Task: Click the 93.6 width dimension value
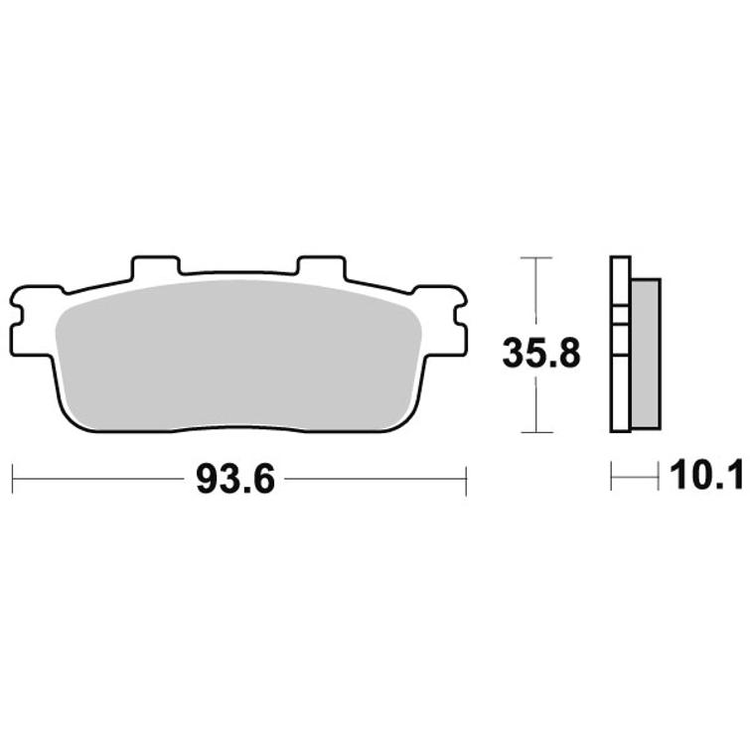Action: (235, 480)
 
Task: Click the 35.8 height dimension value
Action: (540, 353)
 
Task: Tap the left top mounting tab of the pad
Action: (157, 267)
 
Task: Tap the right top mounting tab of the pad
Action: (321, 267)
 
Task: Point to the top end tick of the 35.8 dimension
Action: (536, 258)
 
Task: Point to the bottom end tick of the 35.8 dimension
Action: (536, 432)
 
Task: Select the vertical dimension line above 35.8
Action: (536, 293)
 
